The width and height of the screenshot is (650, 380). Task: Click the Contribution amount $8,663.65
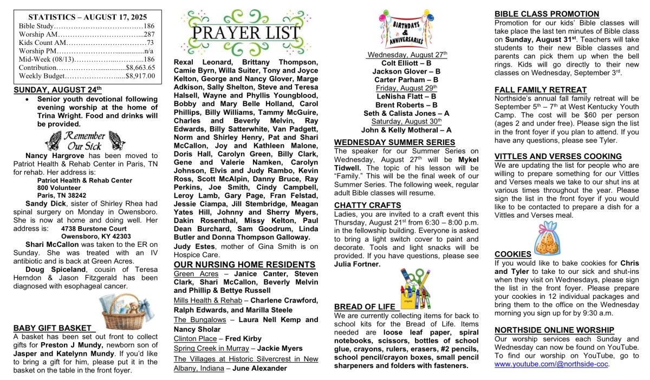[x=140, y=68]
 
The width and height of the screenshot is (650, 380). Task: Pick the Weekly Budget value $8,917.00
[x=140, y=76]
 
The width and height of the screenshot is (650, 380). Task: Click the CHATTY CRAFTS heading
[x=368, y=205]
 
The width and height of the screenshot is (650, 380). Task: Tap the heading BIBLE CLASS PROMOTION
[x=547, y=14]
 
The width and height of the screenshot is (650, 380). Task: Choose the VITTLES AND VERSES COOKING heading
[x=558, y=156]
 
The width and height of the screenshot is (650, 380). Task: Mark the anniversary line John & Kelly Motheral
[x=406, y=130]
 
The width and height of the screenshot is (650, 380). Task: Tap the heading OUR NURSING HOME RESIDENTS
[x=244, y=265]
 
